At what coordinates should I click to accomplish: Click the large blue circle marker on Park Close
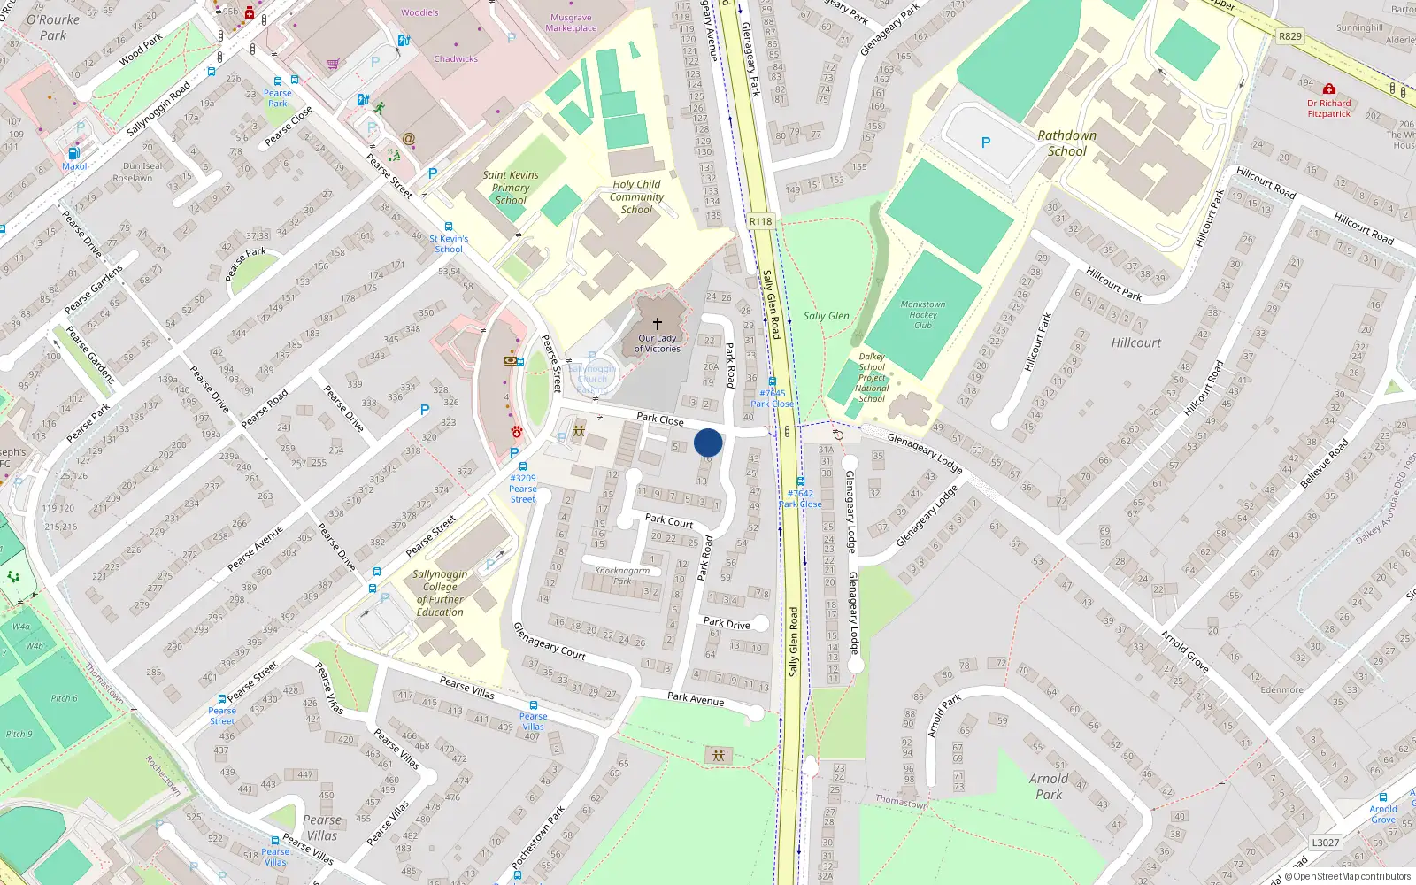coord(708,442)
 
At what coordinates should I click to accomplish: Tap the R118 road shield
coord(760,221)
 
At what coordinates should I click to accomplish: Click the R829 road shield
coord(1290,36)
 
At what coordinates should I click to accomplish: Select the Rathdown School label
coord(1066,143)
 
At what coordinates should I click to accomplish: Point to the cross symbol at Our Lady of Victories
coord(657,324)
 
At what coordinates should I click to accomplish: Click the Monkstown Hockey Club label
coord(922,314)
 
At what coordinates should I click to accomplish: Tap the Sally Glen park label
coord(826,316)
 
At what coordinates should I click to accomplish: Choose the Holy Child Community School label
coord(636,197)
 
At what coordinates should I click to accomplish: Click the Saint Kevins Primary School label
coord(511,188)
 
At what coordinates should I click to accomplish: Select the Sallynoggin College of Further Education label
coord(440,593)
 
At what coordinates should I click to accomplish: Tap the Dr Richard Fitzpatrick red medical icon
coord(1328,89)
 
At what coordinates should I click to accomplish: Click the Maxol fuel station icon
coord(74,153)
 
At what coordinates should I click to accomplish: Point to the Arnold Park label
coord(1049,786)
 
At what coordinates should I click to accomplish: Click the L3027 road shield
coord(1325,843)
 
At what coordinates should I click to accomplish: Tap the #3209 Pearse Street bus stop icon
coord(522,466)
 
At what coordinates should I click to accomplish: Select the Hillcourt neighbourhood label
coord(1136,342)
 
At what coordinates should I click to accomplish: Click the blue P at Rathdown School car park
coord(986,142)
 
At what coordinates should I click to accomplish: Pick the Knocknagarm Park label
coord(622,575)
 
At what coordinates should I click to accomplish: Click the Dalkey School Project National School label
coord(872,377)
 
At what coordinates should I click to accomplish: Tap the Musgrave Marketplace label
coord(571,22)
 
